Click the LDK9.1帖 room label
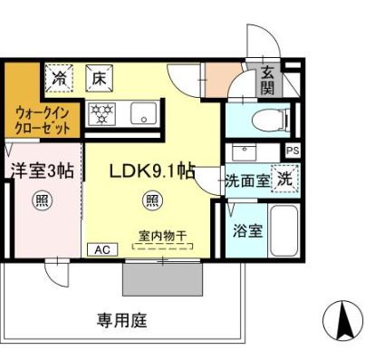click(150, 170)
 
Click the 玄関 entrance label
click(268, 82)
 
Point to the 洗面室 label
click(246, 180)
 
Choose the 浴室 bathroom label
click(247, 229)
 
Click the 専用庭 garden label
click(122, 319)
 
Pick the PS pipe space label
click(292, 151)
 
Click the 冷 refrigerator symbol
click(59, 79)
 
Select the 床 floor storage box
click(98, 79)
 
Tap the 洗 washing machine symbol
click(284, 178)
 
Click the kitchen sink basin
click(143, 114)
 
